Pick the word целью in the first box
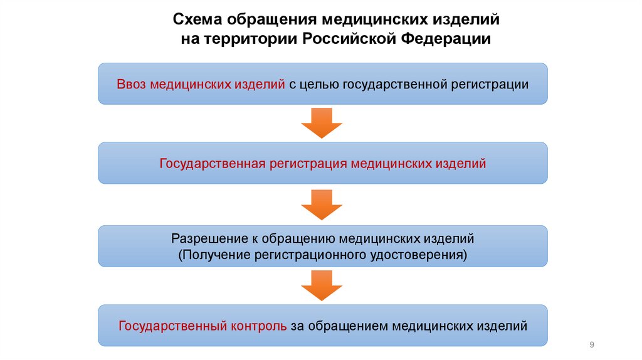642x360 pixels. (x=319, y=83)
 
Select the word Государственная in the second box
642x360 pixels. (x=212, y=164)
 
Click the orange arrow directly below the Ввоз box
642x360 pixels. (x=322, y=122)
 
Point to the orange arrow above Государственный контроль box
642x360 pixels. (x=322, y=285)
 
